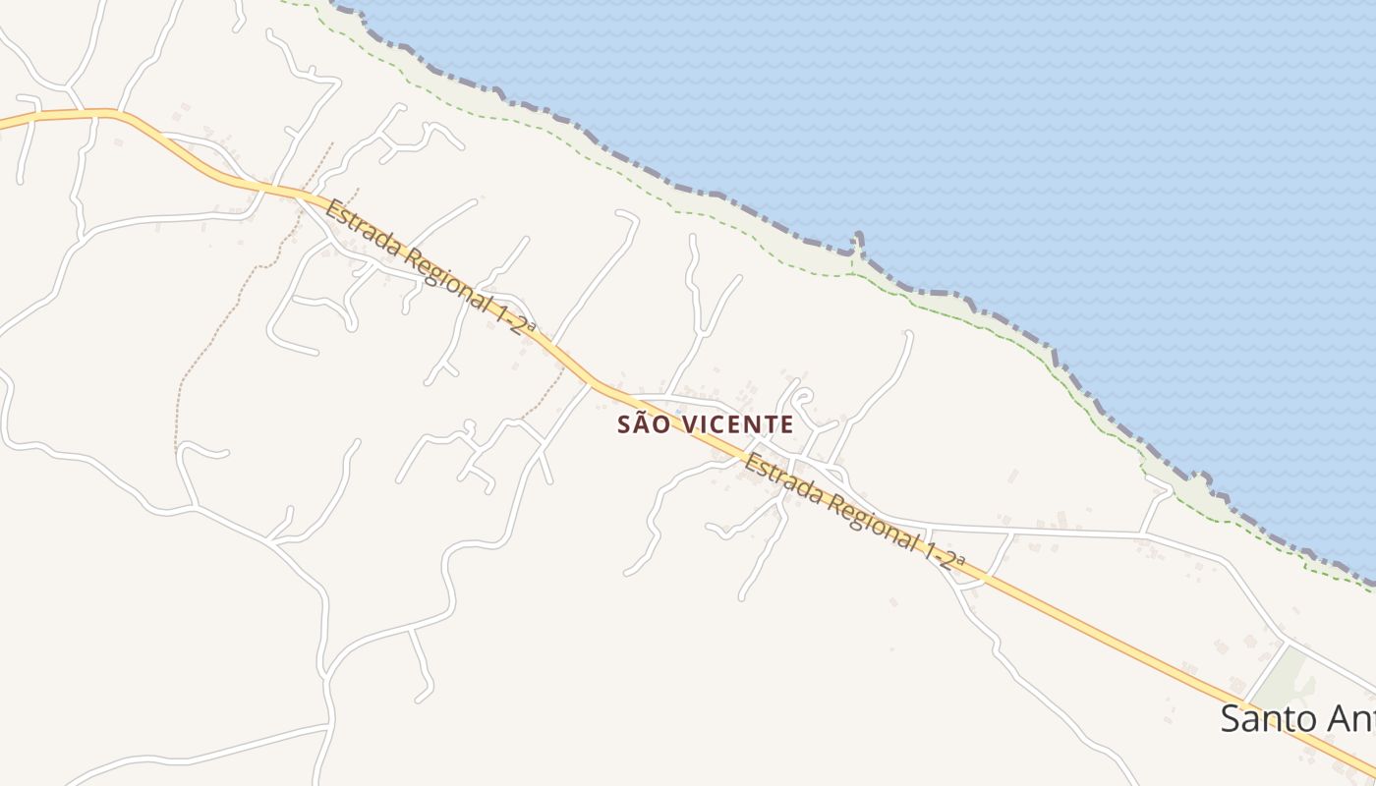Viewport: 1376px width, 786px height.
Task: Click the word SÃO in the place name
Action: (640, 424)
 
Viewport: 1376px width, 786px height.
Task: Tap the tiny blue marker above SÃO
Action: (678, 411)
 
